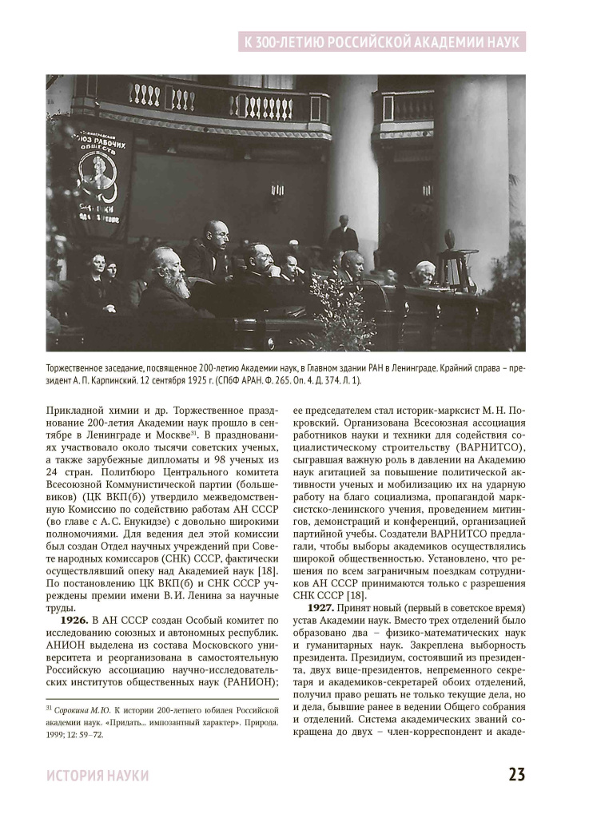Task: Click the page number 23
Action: point(516,775)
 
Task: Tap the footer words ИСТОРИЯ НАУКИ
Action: point(98,776)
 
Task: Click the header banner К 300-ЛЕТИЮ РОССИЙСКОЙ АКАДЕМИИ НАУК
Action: point(382,40)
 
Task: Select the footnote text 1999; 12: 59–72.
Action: point(75,735)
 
